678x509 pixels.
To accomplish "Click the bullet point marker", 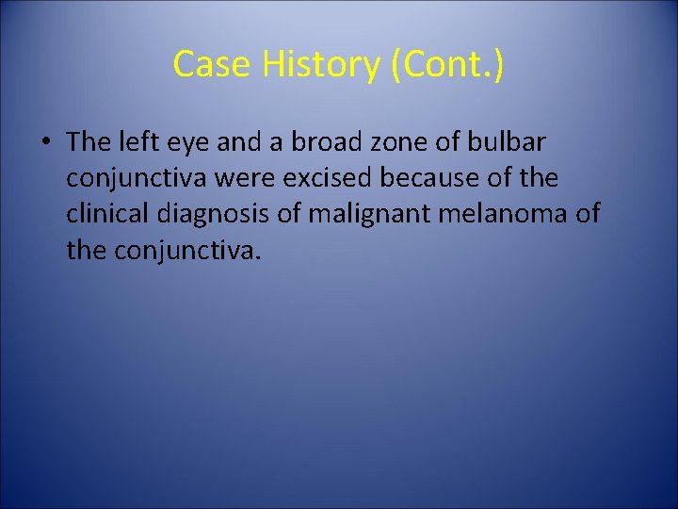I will click(45, 143).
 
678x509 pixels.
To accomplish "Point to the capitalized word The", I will click(89, 142).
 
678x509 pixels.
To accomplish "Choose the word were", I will click(248, 179).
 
